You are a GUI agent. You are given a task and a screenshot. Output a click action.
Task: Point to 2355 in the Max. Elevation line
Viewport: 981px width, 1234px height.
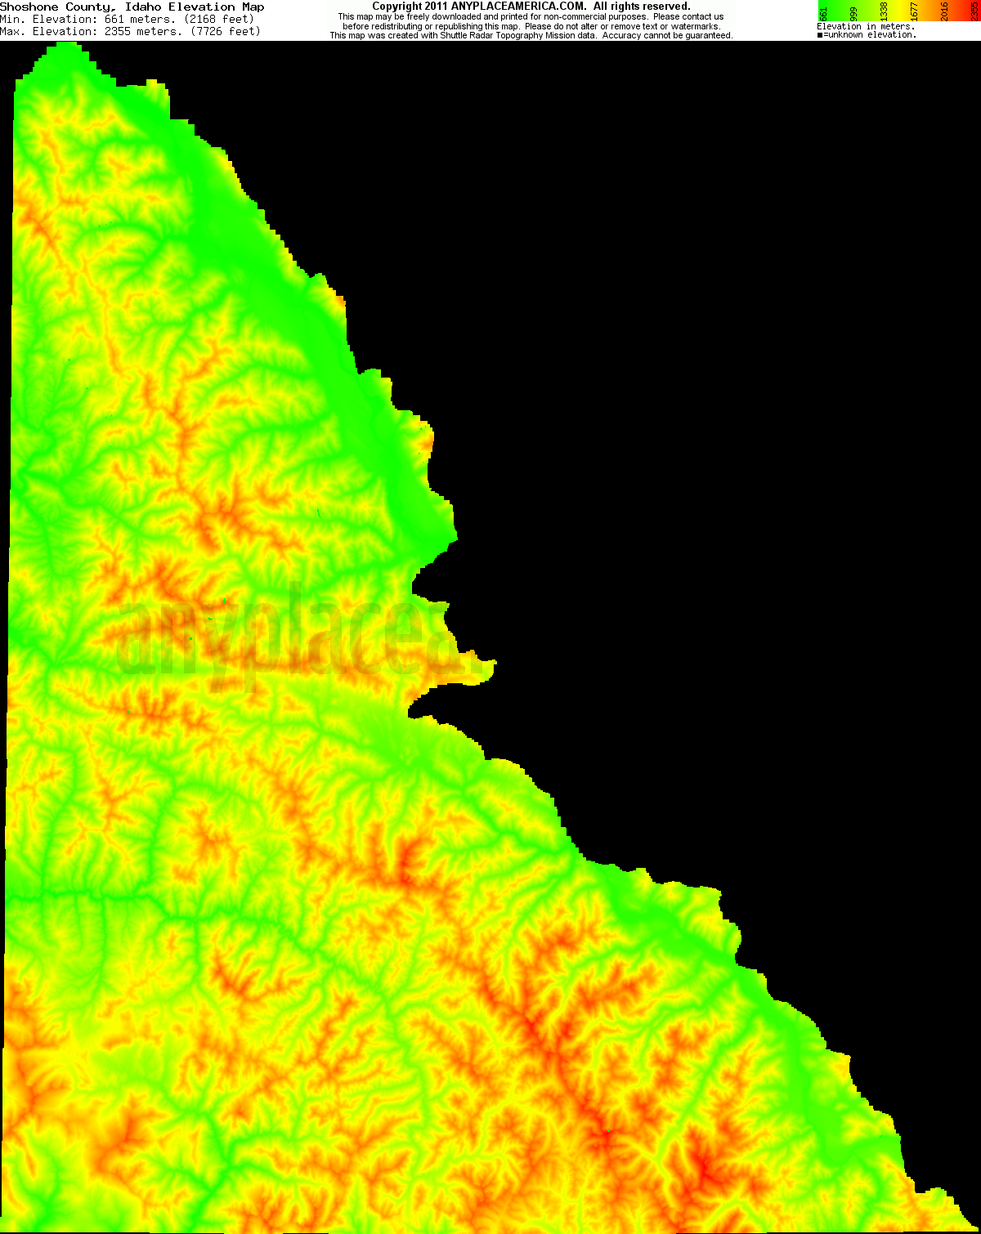pos(121,31)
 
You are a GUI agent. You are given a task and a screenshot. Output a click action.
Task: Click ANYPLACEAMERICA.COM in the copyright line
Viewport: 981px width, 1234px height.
pos(517,7)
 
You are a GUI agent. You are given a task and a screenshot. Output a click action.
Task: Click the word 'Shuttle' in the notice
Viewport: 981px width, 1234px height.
pos(455,36)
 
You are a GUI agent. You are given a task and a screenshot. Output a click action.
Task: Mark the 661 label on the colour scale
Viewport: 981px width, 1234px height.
pos(824,12)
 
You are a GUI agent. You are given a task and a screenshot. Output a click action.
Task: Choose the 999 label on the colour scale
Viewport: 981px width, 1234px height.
pos(854,12)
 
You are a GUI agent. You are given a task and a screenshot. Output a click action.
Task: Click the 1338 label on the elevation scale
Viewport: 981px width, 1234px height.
pos(885,12)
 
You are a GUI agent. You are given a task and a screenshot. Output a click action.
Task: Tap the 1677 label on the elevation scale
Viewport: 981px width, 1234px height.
pos(915,12)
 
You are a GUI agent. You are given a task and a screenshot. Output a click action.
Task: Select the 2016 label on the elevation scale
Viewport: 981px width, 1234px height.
pos(945,12)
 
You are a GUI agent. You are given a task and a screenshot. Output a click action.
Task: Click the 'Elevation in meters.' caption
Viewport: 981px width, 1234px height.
pos(865,27)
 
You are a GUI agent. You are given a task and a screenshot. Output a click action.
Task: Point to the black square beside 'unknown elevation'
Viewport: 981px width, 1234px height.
pos(820,35)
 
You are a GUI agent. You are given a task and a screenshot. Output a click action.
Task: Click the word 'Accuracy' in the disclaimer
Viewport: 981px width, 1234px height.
pos(621,36)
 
